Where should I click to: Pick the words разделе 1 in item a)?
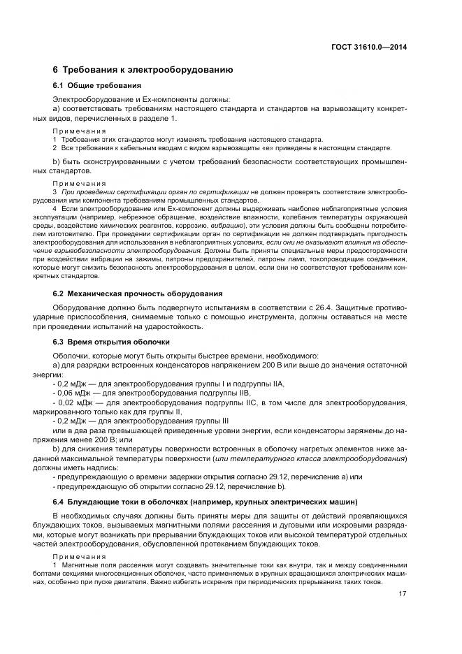tap(160, 118)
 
